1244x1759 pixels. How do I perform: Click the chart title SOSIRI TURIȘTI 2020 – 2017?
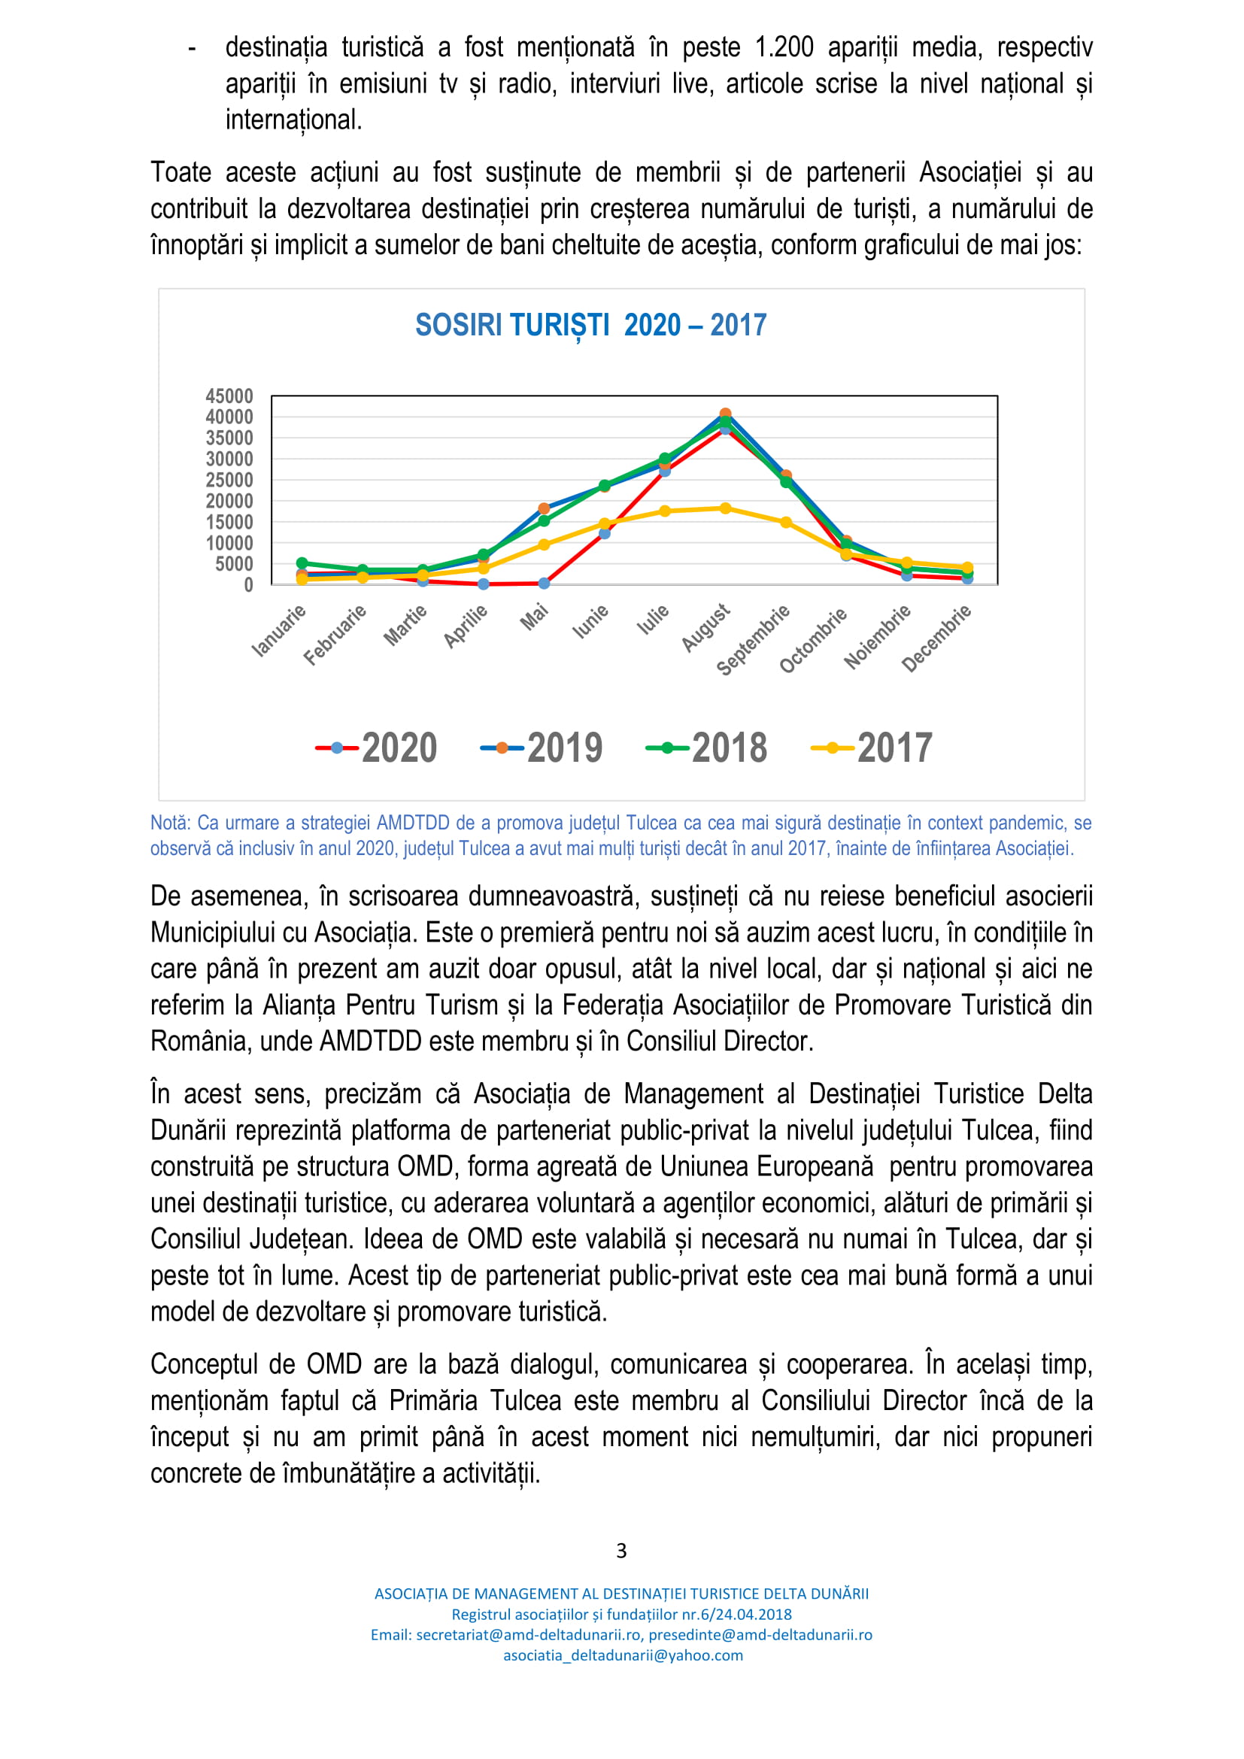(590, 326)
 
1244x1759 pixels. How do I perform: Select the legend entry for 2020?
(377, 748)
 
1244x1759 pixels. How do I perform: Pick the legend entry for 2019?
(542, 748)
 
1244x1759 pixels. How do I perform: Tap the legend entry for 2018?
(706, 748)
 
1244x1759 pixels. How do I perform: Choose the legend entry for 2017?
(872, 748)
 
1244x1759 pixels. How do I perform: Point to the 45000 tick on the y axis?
(229, 396)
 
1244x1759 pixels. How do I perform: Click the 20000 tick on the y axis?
(229, 501)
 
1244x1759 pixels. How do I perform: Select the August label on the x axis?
(705, 627)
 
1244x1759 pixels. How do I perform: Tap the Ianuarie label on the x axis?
(279, 630)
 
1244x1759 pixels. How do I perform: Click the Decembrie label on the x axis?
(936, 638)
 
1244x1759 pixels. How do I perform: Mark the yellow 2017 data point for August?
(725, 508)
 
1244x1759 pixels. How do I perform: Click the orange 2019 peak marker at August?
(725, 414)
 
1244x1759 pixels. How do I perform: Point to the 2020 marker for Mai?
(544, 583)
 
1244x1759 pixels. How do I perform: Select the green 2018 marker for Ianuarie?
(302, 563)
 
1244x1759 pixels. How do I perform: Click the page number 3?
(621, 1551)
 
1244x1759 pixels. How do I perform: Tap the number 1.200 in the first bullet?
(784, 47)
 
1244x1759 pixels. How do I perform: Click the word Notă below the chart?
(169, 823)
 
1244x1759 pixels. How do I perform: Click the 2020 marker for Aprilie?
(484, 584)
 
